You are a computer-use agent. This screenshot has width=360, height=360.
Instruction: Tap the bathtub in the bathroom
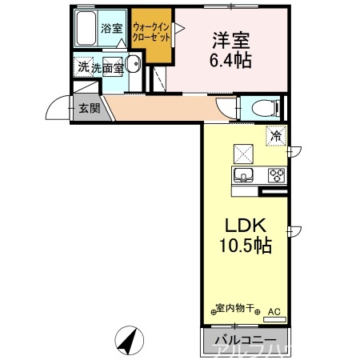(84, 30)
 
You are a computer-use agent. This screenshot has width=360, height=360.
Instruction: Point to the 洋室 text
(231, 39)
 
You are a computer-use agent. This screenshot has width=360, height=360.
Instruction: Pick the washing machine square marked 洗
(83, 67)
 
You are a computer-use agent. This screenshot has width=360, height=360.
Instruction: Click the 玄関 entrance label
(89, 108)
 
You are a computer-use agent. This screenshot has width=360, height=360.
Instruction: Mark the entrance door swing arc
(58, 108)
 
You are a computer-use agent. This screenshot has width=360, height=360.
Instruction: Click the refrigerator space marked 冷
(276, 135)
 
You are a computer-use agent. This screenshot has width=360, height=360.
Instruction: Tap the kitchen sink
(242, 175)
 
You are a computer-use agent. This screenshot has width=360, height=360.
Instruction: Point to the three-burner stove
(276, 175)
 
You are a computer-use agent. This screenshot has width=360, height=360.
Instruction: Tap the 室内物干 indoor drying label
(236, 309)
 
